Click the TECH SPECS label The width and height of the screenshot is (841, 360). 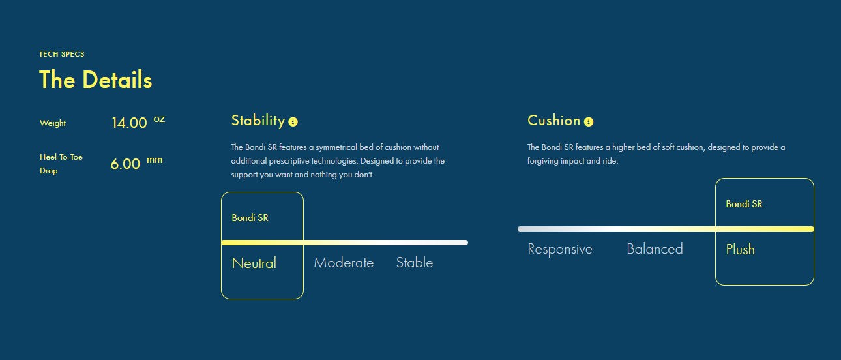[61, 54]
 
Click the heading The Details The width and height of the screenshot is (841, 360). [95, 80]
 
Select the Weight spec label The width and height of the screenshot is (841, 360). [53, 123]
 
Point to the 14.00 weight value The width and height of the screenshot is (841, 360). [129, 123]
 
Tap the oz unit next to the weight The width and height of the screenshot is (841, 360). [159, 119]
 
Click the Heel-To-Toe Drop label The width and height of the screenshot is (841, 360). [61, 164]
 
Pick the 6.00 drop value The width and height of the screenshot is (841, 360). [125, 164]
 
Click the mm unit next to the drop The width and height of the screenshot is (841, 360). [155, 160]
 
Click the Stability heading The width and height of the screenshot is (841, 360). [258, 121]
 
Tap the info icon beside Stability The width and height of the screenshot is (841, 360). [293, 121]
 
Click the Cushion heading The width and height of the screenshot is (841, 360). [553, 121]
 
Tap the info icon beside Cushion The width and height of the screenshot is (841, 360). [589, 121]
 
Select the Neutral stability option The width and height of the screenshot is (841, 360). [254, 263]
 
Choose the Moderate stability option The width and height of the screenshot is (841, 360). [344, 263]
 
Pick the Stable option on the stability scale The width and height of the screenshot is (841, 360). [415, 262]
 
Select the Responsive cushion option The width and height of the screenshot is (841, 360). [560, 249]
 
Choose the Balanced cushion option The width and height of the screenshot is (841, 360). [655, 249]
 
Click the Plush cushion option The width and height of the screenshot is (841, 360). [740, 249]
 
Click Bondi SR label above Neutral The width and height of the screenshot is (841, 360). [250, 218]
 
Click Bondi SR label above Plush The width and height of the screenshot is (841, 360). [744, 204]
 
